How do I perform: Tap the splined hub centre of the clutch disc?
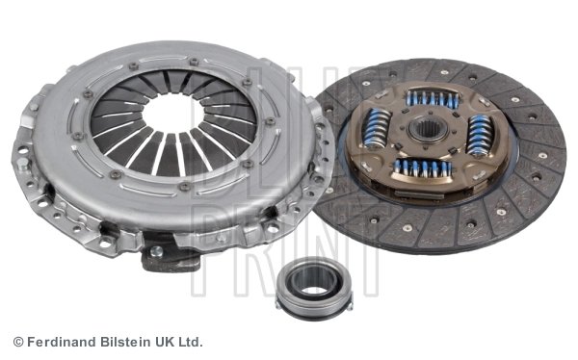(428, 130)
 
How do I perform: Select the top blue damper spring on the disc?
(432, 98)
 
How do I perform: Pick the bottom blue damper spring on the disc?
(422, 168)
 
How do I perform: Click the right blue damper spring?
(479, 137)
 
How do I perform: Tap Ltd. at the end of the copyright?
(191, 342)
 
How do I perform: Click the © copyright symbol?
(17, 342)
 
